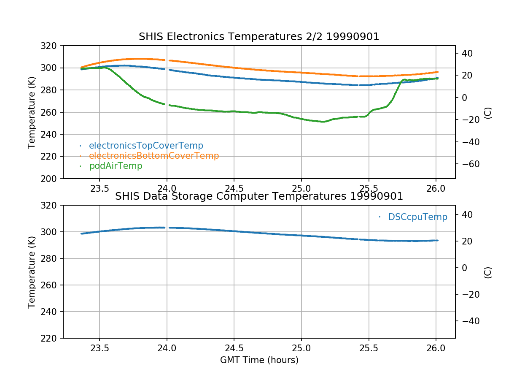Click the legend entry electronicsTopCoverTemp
pyautogui.click(x=146, y=146)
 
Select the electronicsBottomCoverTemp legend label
pyautogui.click(x=154, y=156)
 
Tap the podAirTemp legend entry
pyautogui.click(x=116, y=166)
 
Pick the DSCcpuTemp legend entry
pyautogui.click(x=417, y=217)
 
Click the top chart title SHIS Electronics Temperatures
pyautogui.click(x=259, y=37)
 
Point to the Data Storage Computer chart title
pyautogui.click(x=259, y=196)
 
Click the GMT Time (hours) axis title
pyautogui.click(x=259, y=360)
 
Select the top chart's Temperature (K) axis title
pyautogui.click(x=32, y=112)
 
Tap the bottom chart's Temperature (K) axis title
pyautogui.click(x=32, y=272)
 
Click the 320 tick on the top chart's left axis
pyautogui.click(x=52, y=46)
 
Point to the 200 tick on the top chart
pyautogui.click(x=52, y=179)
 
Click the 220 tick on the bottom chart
pyautogui.click(x=52, y=338)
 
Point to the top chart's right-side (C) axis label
pyautogui.click(x=488, y=112)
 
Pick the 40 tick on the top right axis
pyautogui.click(x=466, y=53)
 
